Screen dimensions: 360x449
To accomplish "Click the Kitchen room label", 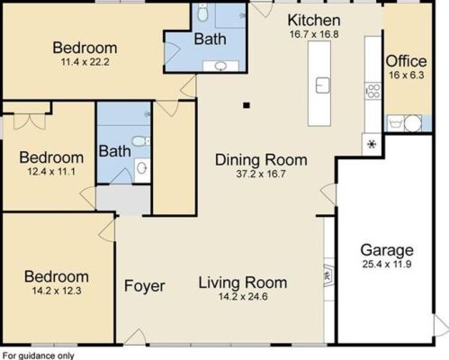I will pos(313,20).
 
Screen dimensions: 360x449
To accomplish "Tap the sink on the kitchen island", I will pos(321,85).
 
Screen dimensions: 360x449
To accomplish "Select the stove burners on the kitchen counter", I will pos(369,90).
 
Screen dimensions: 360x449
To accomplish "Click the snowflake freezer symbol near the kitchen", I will pos(369,144).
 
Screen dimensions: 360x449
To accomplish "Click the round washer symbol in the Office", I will pos(411,123).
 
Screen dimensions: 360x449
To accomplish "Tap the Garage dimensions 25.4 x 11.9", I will pos(387,265).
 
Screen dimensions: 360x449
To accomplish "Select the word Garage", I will pos(387,250).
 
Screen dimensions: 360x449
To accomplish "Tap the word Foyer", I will pos(145,286).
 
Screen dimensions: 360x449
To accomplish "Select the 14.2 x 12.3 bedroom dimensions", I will pos(56,292).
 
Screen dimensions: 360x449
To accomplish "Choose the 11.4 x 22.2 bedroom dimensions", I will pos(85,62).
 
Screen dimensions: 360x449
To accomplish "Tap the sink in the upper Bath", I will pos(220,66).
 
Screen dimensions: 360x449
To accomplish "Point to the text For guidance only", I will pos(37,355).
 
